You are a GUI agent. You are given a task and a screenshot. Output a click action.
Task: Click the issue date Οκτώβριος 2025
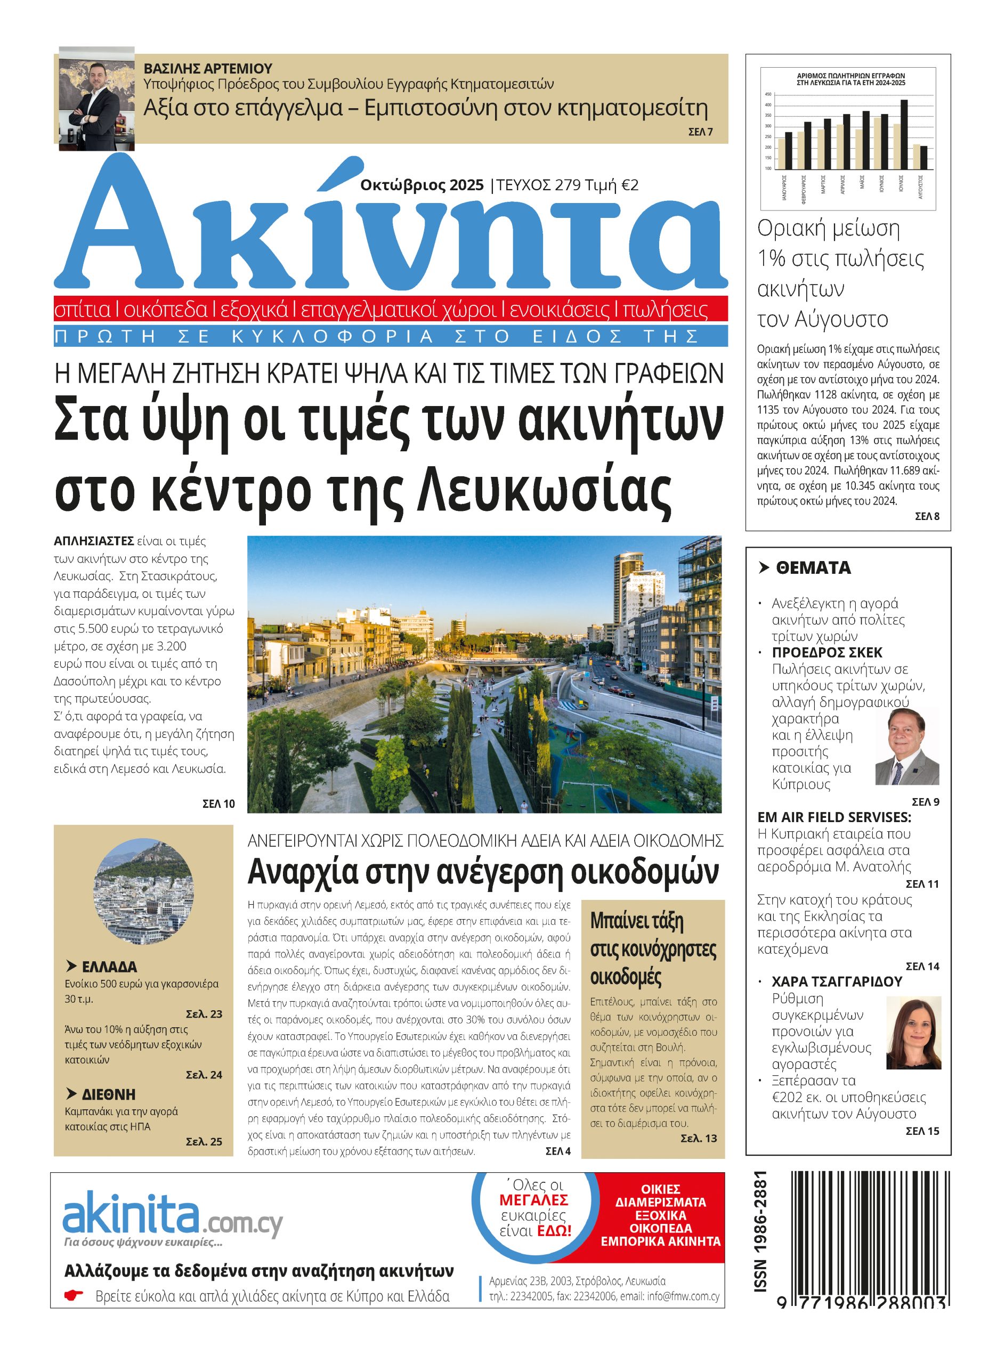coord(422,185)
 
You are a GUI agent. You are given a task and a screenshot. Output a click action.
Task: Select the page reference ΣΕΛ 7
coord(700,132)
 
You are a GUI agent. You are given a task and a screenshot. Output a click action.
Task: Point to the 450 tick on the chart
coord(768,95)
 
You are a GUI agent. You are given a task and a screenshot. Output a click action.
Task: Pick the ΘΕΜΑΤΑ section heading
coord(813,568)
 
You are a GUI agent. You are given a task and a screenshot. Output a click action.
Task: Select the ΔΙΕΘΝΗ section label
coord(108,1094)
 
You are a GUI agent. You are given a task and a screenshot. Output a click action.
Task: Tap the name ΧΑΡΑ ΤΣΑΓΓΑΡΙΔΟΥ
coord(837,981)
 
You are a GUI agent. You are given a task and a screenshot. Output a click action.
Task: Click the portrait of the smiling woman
coord(913,1032)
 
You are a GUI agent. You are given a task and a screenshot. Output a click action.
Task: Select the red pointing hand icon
coord(74,1295)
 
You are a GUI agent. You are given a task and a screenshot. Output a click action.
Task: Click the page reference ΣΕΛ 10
coord(218,804)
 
